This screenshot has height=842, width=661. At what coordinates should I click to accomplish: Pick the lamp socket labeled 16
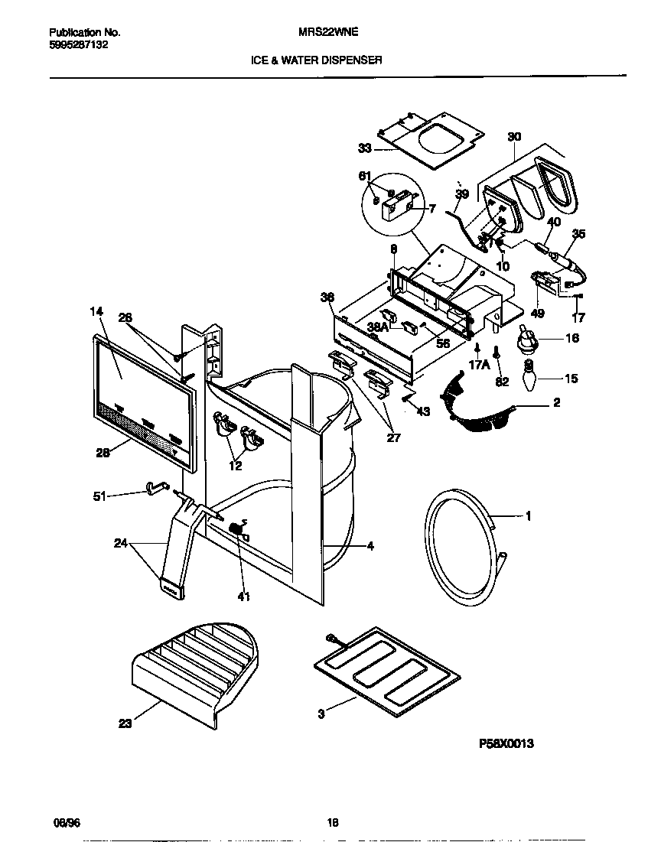point(526,340)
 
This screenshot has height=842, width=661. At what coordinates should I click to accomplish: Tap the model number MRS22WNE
point(327,33)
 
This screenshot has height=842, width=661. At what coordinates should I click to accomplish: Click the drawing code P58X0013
point(506,743)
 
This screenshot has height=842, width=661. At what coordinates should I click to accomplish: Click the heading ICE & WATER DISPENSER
point(317,59)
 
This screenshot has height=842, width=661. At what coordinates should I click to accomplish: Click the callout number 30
point(513,137)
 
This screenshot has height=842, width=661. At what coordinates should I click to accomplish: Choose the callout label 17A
point(479,365)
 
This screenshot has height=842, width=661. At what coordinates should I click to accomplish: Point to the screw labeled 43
point(407,397)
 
